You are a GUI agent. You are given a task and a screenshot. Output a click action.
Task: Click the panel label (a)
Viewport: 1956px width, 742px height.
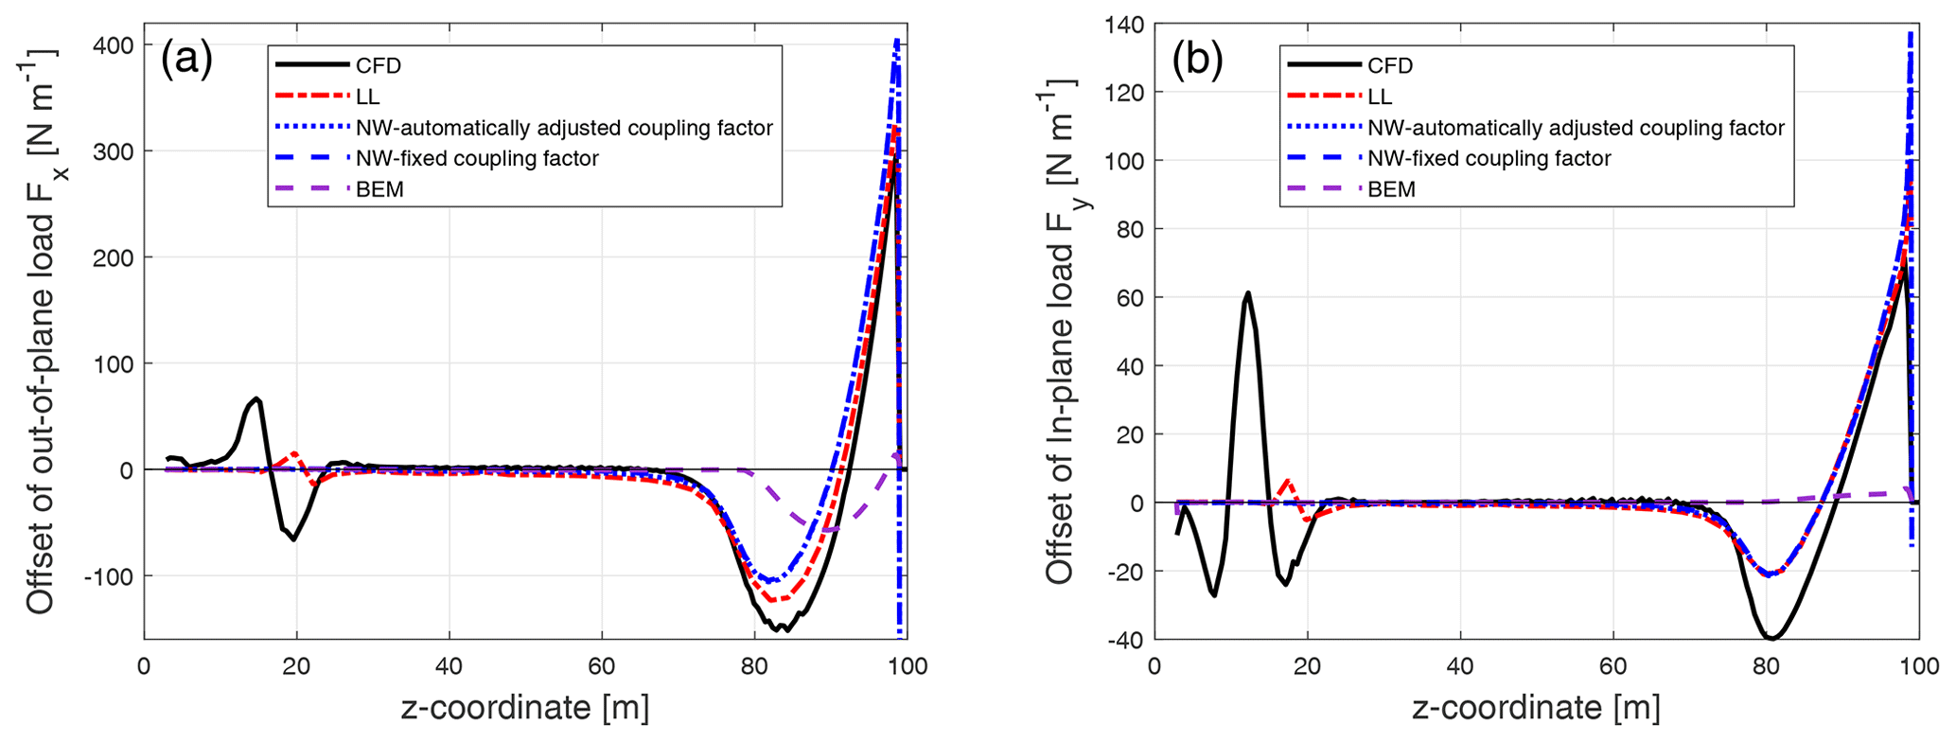pos(186,61)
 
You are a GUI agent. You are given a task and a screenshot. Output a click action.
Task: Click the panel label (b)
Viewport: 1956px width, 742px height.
pos(1197,61)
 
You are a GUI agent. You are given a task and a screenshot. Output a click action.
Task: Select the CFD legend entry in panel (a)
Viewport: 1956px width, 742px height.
pos(379,65)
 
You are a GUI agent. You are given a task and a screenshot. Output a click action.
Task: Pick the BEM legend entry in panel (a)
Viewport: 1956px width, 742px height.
pos(379,189)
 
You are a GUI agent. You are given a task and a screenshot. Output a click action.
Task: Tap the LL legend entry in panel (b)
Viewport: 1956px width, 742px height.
pos(1380,97)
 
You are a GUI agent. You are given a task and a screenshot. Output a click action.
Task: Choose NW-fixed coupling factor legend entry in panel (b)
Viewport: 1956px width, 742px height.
pos(1489,158)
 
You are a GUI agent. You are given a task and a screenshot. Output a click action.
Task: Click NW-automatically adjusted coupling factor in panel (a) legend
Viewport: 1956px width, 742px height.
pos(564,128)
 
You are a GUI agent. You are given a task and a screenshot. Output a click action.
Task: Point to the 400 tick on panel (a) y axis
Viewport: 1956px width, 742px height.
pos(112,45)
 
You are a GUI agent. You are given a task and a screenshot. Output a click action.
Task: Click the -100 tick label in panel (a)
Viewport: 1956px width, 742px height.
pos(107,575)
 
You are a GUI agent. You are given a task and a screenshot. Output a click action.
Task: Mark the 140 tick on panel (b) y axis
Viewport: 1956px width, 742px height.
pos(1122,25)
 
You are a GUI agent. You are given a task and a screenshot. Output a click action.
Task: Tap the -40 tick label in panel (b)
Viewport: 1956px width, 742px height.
pos(1125,640)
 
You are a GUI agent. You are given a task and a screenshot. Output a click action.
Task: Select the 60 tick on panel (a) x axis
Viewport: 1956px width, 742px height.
pos(602,666)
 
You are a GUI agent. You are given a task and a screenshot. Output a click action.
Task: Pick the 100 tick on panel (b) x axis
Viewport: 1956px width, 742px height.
pos(1919,666)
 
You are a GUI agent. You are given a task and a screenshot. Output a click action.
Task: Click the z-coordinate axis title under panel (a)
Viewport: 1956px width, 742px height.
pos(525,708)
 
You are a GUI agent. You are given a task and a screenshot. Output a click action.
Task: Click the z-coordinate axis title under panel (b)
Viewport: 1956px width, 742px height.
pos(1536,708)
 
